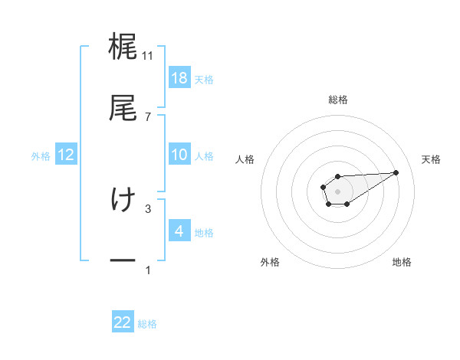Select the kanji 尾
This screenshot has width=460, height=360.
(x=123, y=107)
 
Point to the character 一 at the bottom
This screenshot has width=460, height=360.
(x=123, y=261)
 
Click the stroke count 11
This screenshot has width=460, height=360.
(x=148, y=56)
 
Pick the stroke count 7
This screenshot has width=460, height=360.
(x=148, y=116)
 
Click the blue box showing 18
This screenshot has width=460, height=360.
(x=179, y=78)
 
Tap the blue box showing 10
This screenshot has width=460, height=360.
(x=179, y=155)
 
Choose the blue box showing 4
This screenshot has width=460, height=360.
(x=179, y=231)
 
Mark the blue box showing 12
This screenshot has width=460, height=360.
(x=66, y=155)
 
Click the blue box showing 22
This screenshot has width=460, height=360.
(x=123, y=322)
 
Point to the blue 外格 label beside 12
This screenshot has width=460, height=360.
(x=41, y=155)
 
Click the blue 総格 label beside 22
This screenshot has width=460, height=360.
(x=147, y=324)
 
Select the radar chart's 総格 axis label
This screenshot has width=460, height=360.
(x=338, y=100)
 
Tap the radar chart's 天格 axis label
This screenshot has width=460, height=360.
(x=432, y=159)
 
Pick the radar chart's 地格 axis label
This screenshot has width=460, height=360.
(x=402, y=262)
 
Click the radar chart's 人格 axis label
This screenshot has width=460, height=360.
(x=245, y=159)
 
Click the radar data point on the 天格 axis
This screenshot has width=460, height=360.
(x=396, y=172)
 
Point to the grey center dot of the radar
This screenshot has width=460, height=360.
(x=337, y=190)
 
